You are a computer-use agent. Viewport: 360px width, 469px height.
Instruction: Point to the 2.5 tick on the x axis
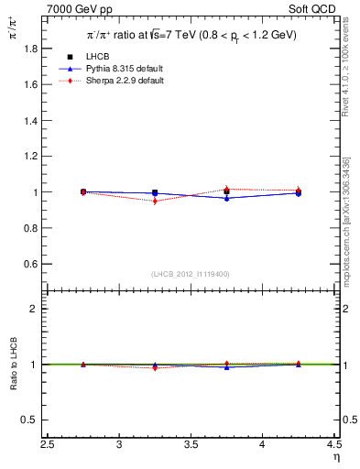coord(48,444)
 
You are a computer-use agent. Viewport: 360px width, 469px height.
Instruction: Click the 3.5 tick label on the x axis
coord(191,444)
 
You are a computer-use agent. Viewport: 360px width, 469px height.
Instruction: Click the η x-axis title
coord(335,457)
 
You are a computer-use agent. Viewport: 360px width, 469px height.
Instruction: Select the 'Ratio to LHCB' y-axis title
coord(12,365)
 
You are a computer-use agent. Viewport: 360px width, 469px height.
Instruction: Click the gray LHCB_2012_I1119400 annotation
coord(191,274)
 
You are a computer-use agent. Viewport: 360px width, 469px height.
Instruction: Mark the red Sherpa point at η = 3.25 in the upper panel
coord(155,201)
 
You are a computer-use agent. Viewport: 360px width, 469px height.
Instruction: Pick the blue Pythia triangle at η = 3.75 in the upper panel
coord(226,198)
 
